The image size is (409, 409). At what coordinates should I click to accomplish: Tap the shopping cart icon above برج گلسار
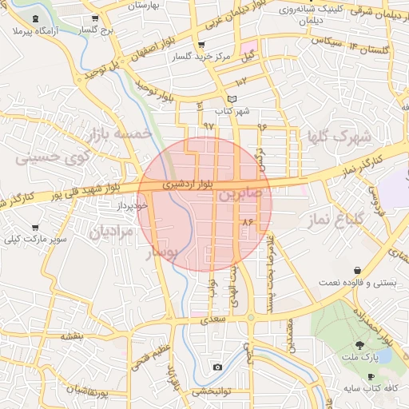pyautogui.click(x=95, y=18)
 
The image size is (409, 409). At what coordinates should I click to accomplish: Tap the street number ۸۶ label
pyautogui.click(x=246, y=220)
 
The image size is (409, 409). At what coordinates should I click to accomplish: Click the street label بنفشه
pyautogui.click(x=72, y=336)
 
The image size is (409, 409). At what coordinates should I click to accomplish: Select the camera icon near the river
pyautogui.click(x=217, y=367)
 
